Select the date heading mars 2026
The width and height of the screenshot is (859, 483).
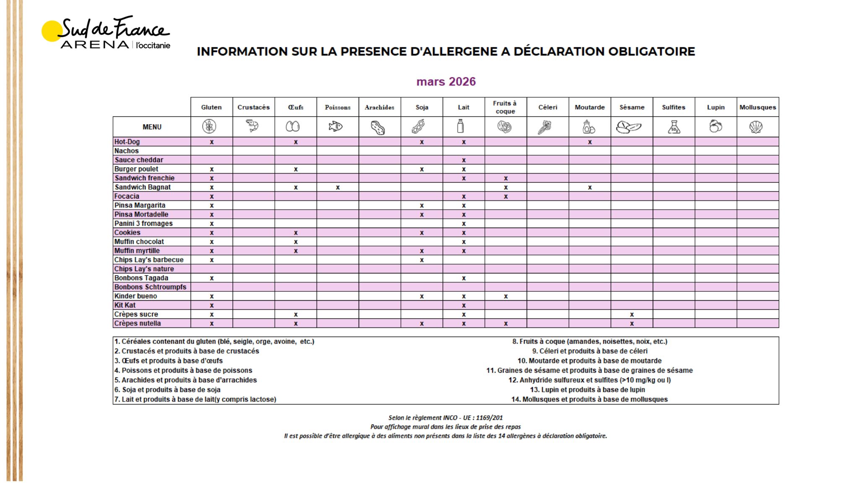pos(446,81)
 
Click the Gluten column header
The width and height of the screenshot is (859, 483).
pos(211,107)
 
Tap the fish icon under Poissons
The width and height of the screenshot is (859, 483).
pos(336,126)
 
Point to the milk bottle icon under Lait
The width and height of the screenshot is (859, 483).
pos(461,126)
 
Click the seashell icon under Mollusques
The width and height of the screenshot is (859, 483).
pos(756,127)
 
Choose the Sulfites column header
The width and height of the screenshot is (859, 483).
pos(674,107)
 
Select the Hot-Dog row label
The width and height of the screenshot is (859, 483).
pos(127,142)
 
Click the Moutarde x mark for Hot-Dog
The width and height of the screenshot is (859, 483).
pos(590,142)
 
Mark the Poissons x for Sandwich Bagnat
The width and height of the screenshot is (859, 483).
pos(338,187)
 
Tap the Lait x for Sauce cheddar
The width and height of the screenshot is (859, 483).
pos(463,160)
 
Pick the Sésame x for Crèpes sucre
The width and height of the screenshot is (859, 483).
pos(632,314)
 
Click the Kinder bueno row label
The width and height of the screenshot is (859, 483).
pos(136,296)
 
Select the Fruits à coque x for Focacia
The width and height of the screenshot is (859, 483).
pos(506,197)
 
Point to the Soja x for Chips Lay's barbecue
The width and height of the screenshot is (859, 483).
pos(422,260)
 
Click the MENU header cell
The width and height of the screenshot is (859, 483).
pos(152,127)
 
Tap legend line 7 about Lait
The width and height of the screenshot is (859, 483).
pos(195,399)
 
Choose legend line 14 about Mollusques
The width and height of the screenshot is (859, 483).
pos(589,399)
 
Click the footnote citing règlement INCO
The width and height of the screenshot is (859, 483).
pos(445,418)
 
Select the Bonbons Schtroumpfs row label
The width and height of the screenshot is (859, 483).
pos(150,287)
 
